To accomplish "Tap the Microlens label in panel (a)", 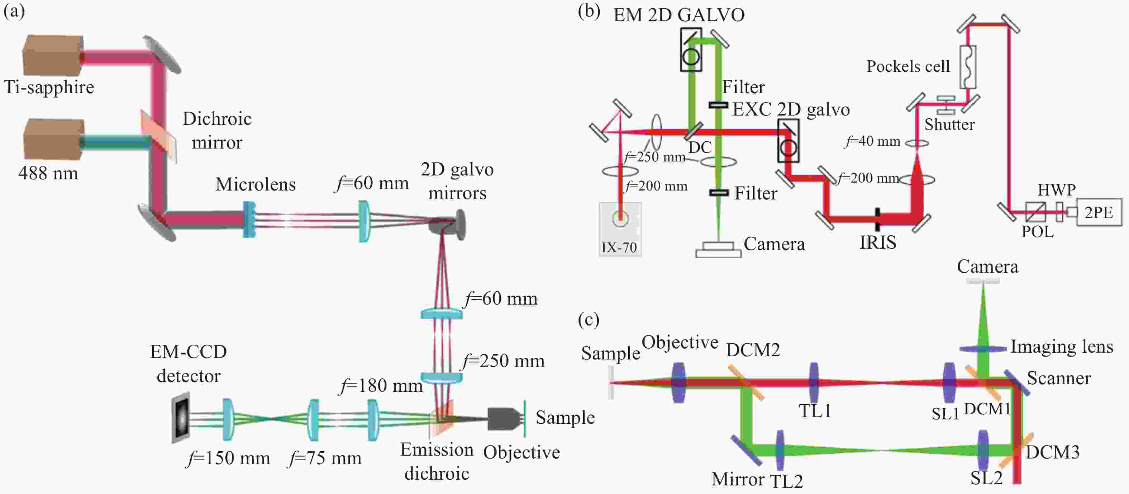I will pos(256,184).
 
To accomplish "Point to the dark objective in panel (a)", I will pos(504,419).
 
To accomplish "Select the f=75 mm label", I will pos(325,458).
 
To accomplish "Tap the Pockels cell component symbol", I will pos(968,67).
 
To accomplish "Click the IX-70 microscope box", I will pos(620,228).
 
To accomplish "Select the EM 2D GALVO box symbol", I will pos(691,50).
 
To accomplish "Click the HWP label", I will pos(1057,190).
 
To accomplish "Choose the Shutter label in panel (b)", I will pos(949,124).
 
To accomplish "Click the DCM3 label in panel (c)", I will pos(1052,452).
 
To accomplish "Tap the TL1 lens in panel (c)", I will pos(814,382).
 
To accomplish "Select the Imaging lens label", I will pos(1062,347).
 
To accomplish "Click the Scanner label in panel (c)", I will pos(1059,378).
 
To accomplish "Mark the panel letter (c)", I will pos(589,320).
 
